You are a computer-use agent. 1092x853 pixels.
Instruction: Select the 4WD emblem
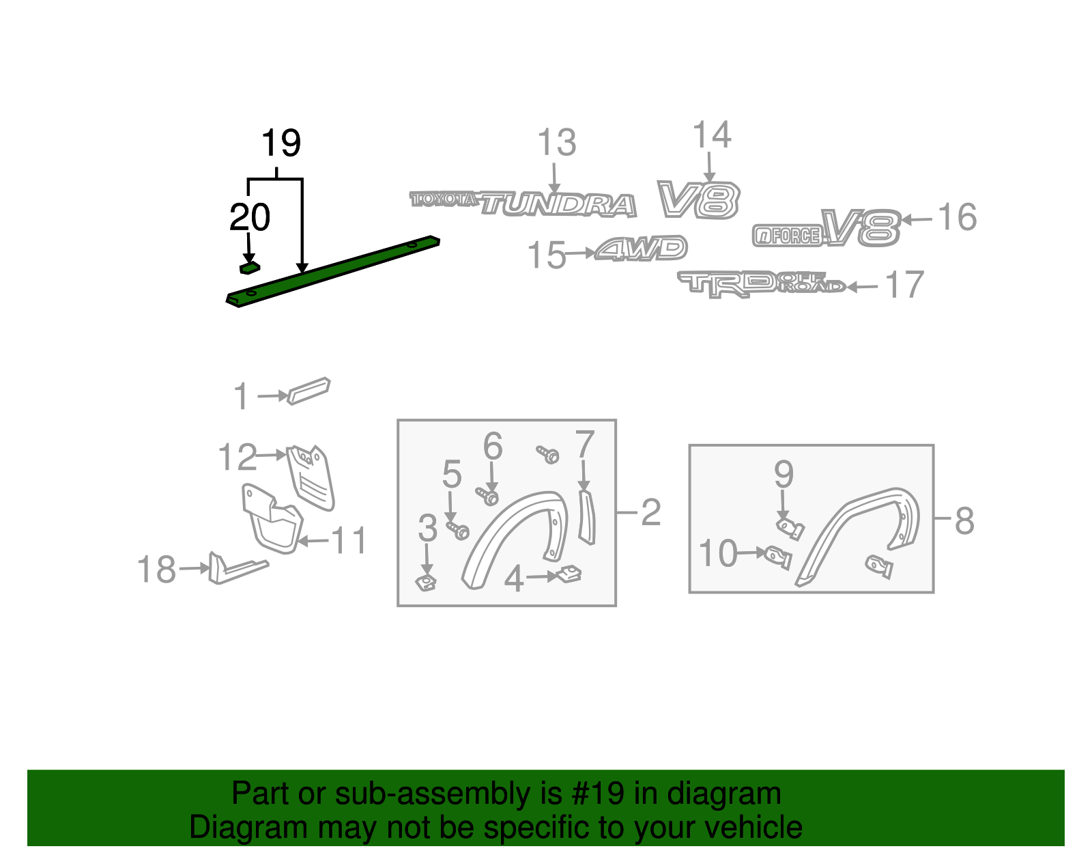click(641, 249)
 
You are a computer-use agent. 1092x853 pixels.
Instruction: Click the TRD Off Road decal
click(761, 283)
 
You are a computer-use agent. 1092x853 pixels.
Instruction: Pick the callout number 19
click(281, 143)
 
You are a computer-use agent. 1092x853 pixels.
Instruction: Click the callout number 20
click(250, 218)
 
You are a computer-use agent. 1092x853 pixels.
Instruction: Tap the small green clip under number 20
click(249, 268)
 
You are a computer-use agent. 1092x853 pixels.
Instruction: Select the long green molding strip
click(334, 271)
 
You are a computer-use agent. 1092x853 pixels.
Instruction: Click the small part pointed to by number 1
click(308, 391)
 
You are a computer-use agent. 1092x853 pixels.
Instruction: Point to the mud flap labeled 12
click(311, 476)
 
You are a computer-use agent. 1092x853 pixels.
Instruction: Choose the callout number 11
click(349, 541)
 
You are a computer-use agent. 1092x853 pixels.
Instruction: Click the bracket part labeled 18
click(235, 568)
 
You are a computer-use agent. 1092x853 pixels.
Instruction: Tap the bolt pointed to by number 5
click(459, 530)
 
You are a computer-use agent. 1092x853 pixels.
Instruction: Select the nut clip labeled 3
click(427, 583)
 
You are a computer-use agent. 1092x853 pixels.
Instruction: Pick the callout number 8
click(964, 521)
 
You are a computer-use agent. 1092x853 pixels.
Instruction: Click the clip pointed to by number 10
click(778, 557)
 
